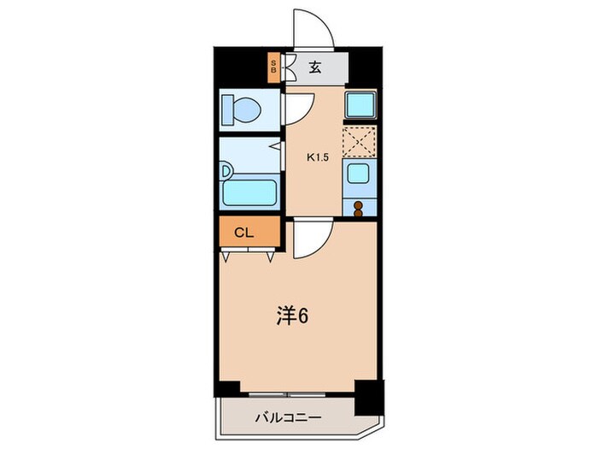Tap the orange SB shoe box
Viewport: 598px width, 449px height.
point(273,68)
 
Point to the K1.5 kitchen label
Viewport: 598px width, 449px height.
point(318,157)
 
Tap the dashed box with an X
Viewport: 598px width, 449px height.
point(359,141)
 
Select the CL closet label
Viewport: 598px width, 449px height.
point(244,231)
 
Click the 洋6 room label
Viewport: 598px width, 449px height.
point(292,316)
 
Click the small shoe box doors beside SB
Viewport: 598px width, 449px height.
point(288,68)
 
